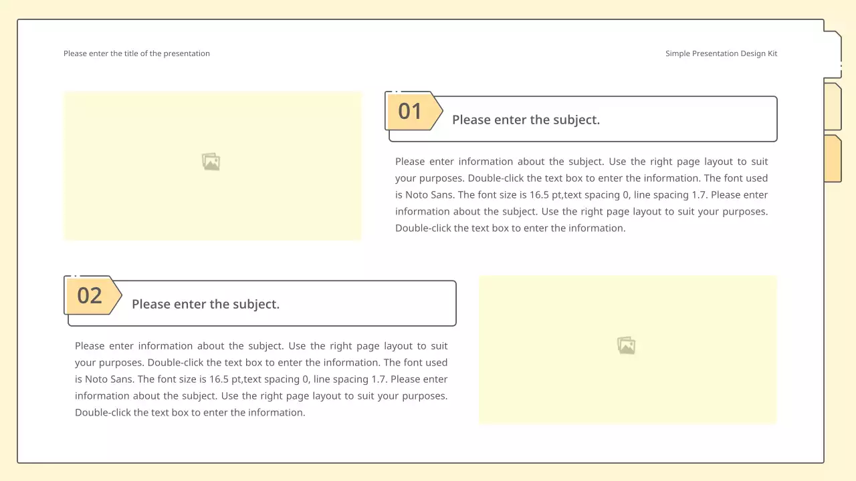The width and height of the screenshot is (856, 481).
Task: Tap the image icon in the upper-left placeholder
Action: tap(211, 162)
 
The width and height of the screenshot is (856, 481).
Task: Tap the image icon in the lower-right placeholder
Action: tap(627, 345)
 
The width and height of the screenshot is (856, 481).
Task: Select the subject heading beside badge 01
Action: tap(526, 120)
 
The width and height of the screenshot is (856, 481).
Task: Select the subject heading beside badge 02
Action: tap(205, 304)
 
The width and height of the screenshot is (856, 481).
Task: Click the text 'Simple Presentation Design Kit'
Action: tap(721, 53)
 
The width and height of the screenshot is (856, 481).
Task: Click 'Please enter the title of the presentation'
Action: tap(136, 53)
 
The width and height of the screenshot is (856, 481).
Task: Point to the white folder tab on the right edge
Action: tap(833, 54)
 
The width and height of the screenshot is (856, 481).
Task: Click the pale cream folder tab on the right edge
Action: tap(833, 106)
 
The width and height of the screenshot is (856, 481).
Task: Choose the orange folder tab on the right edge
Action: tap(833, 158)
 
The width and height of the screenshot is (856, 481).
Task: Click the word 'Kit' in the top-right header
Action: tap(772, 53)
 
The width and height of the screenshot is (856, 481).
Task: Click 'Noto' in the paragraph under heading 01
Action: tap(417, 194)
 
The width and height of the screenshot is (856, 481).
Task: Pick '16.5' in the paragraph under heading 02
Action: tap(219, 379)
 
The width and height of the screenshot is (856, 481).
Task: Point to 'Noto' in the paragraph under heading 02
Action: tap(96, 379)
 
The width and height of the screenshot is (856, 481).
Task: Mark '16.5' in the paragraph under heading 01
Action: tap(539, 194)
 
